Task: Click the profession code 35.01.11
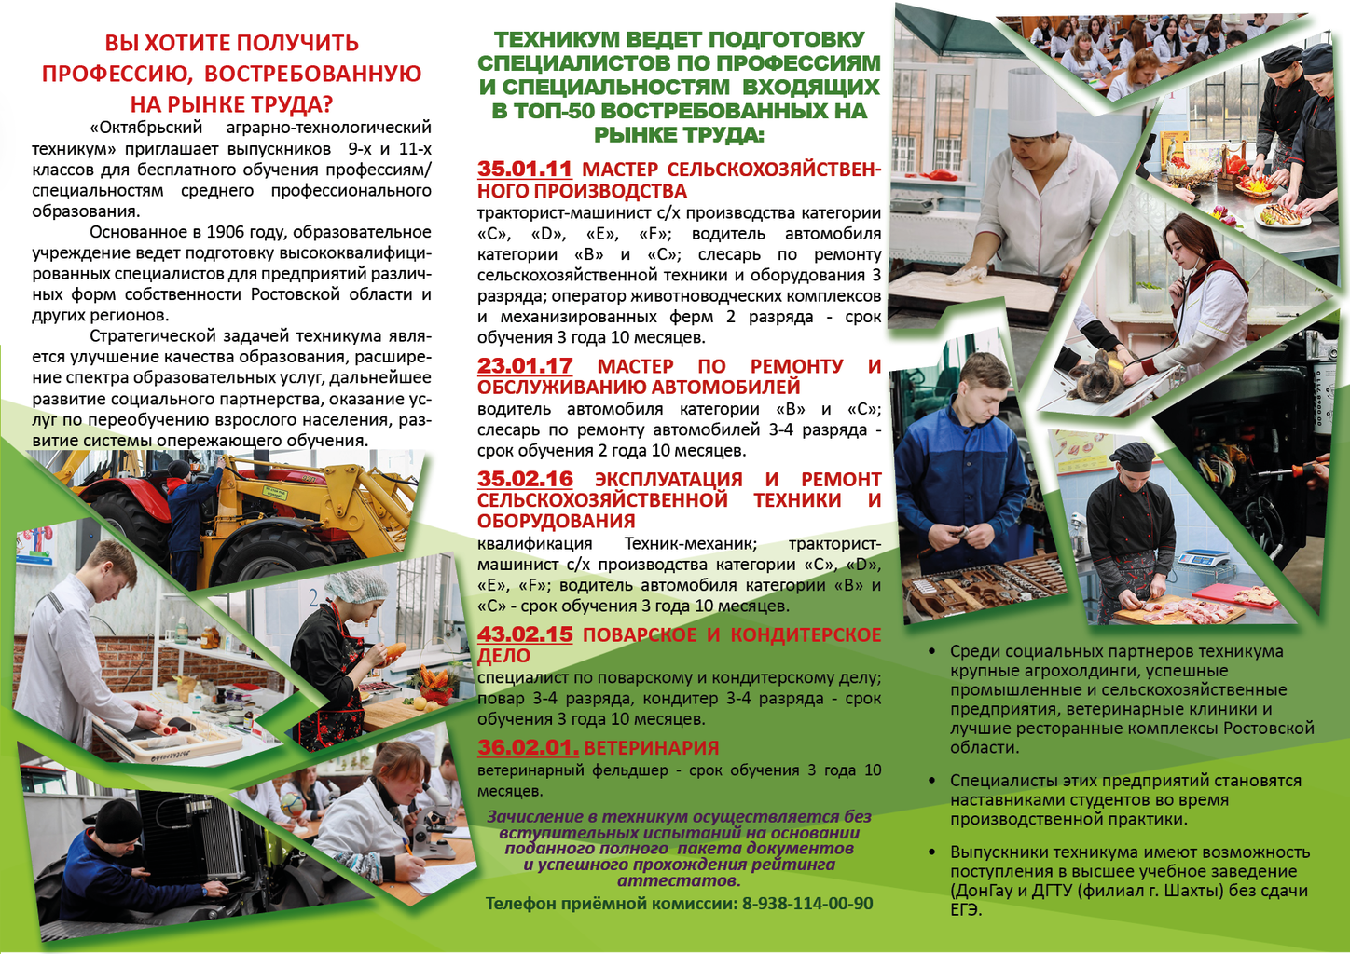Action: [x=524, y=170]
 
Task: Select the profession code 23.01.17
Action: [x=525, y=366]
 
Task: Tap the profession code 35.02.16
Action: [x=525, y=479]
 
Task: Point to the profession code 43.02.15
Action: [x=525, y=634]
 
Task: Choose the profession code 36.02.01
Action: [x=528, y=747]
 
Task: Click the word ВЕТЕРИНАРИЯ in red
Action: [x=652, y=748]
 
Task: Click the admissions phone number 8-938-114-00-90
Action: [x=807, y=904]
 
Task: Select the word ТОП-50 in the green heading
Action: [x=547, y=111]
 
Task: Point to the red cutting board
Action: [x=1236, y=594]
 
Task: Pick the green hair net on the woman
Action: [x=360, y=587]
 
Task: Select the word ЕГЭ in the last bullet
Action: [x=966, y=910]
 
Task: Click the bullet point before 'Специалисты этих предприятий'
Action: [x=932, y=781]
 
